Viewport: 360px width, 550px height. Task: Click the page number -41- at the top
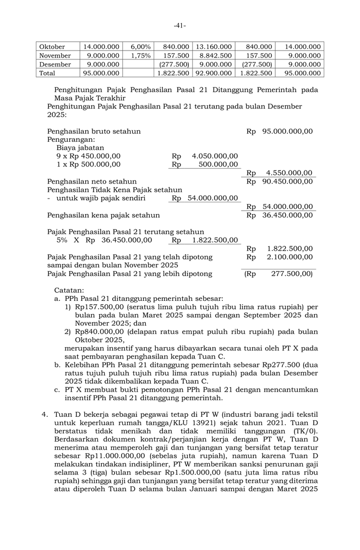tap(180, 25)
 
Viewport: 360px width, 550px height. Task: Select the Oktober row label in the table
tap(52, 47)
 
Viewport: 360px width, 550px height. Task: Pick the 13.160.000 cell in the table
tap(214, 47)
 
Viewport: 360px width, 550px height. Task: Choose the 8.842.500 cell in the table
tap(214, 56)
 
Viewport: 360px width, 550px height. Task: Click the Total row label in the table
tap(47, 73)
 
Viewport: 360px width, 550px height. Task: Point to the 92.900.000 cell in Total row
tap(214, 73)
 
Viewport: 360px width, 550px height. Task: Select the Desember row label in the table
tap(55, 64)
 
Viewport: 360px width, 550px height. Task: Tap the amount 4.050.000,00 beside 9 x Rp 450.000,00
tap(215, 156)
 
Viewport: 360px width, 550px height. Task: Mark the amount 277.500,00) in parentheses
tap(292, 273)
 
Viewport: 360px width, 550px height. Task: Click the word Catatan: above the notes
tap(69, 290)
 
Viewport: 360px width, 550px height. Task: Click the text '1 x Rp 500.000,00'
tap(89, 164)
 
